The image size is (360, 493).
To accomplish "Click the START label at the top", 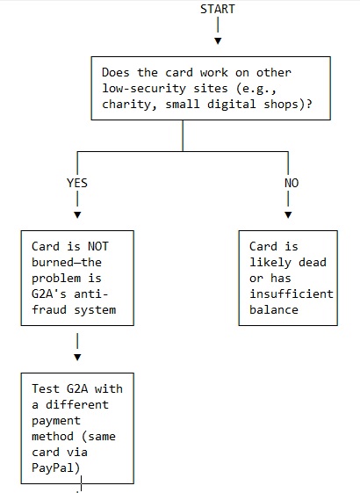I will pyautogui.click(x=217, y=9).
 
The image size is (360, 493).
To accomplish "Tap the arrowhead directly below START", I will pyautogui.click(x=218, y=40).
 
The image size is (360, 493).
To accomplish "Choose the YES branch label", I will pyautogui.click(x=77, y=183).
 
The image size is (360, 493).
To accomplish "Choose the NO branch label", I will pyautogui.click(x=292, y=183).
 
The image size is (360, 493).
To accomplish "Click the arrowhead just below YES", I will pyautogui.click(x=77, y=214).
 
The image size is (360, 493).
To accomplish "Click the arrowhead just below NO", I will pyautogui.click(x=288, y=214).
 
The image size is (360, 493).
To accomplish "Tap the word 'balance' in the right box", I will pyautogui.click(x=274, y=309).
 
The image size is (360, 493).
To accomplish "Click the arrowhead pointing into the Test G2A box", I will pyautogui.click(x=77, y=357).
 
